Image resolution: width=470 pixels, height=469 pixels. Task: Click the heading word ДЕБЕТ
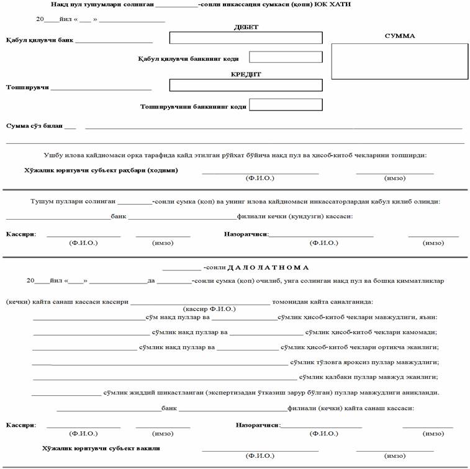coord(246,27)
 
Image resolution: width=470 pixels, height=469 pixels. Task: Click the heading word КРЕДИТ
coord(246,74)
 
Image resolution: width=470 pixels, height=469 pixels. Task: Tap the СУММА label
coord(400,36)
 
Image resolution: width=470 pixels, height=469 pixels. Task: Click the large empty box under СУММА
coord(399,61)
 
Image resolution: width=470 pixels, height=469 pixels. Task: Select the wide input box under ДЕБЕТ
coord(246,38)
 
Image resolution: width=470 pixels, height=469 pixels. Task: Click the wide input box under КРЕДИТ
coord(246,85)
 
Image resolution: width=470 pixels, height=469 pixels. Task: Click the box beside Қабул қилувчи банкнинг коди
coord(286,57)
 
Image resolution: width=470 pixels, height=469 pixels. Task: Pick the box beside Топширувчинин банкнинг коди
coord(286,104)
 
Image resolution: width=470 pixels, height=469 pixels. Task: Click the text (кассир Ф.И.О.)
coord(209,308)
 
